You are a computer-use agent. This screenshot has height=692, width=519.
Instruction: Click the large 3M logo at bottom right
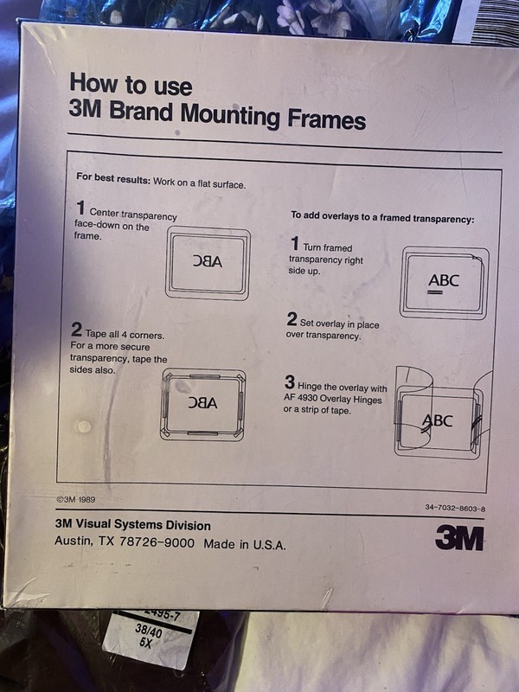pyautogui.click(x=459, y=538)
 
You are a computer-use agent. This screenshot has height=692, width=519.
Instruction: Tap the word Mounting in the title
pyautogui.click(x=230, y=115)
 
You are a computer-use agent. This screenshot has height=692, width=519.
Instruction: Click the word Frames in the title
pyautogui.click(x=327, y=119)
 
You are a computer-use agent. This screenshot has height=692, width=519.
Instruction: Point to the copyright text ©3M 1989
pyautogui.click(x=75, y=500)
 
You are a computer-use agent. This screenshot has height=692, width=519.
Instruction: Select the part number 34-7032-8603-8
pyautogui.click(x=455, y=509)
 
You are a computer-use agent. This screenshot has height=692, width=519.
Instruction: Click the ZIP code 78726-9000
pyautogui.click(x=157, y=542)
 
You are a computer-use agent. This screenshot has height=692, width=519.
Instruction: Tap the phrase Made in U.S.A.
pyautogui.click(x=245, y=544)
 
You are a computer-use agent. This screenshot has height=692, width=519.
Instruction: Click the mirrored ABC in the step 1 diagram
pyautogui.click(x=208, y=262)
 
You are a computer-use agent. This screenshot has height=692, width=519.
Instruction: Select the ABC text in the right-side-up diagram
pyautogui.click(x=444, y=280)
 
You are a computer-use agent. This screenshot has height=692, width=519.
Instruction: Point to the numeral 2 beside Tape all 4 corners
pyautogui.click(x=76, y=330)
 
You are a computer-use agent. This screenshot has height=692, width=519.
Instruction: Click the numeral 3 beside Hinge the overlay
pyautogui.click(x=290, y=382)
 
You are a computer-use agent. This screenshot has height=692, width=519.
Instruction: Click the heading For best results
pyautogui.click(x=113, y=178)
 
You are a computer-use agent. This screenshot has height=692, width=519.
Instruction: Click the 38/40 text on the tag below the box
pyautogui.click(x=149, y=632)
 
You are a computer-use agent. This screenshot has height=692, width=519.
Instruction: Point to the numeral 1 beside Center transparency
pyautogui.click(x=80, y=208)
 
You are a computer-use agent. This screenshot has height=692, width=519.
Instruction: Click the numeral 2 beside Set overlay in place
pyautogui.click(x=292, y=319)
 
